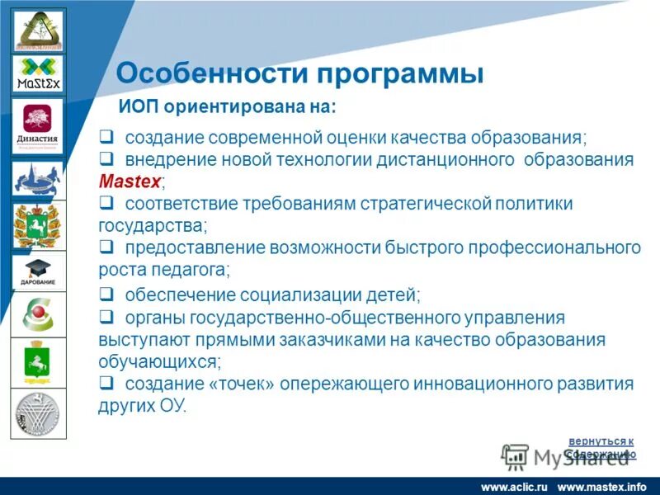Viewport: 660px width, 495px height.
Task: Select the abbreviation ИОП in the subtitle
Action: pos(139,107)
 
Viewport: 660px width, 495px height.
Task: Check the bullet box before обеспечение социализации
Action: pos(106,295)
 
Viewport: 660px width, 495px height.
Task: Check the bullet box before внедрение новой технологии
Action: pos(106,159)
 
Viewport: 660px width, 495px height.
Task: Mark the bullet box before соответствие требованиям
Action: pos(106,203)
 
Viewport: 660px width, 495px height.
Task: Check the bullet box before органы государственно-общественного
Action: pos(106,317)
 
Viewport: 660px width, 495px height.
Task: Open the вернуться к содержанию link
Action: pos(601,447)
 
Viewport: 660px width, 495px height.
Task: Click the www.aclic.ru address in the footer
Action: pos(514,487)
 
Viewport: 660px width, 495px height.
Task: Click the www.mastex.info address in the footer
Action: pos(602,487)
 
